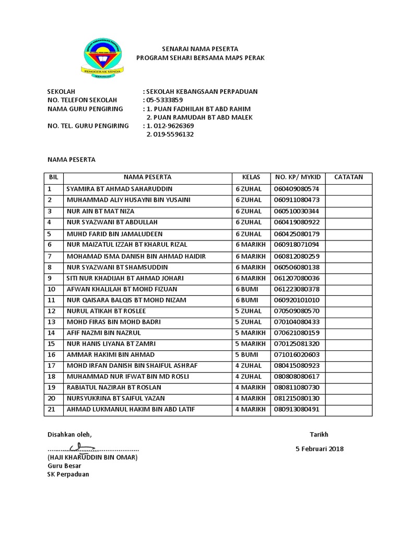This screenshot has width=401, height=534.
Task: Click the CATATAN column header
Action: (x=348, y=177)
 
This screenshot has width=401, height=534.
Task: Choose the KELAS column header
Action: (x=251, y=177)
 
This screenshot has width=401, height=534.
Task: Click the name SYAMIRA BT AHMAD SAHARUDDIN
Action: (x=119, y=189)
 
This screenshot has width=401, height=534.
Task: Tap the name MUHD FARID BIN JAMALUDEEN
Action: (x=114, y=234)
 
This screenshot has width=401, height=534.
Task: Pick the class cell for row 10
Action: (x=247, y=289)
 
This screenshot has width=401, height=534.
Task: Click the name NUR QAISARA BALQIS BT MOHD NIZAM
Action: (x=126, y=300)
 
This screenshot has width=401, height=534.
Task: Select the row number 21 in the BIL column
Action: (x=51, y=410)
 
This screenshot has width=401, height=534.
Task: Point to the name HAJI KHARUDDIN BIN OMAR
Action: (x=92, y=457)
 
